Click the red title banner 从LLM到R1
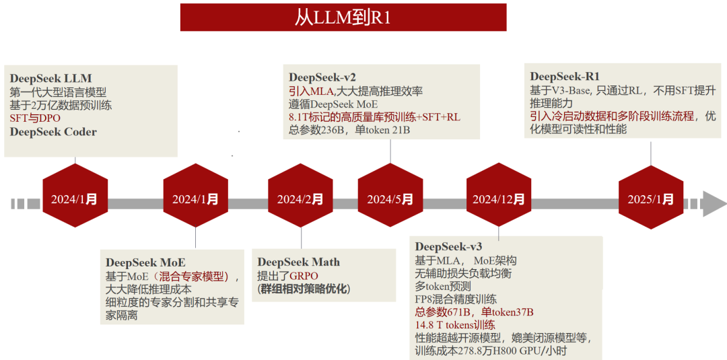click(343, 17)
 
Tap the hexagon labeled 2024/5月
click(390, 199)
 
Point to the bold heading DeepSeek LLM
click(51, 78)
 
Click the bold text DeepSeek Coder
click(53, 132)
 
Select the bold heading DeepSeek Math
click(299, 262)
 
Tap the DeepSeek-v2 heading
click(322, 77)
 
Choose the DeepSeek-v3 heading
click(448, 246)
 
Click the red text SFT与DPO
click(35, 118)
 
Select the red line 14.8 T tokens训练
click(455, 324)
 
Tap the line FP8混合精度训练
click(456, 299)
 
